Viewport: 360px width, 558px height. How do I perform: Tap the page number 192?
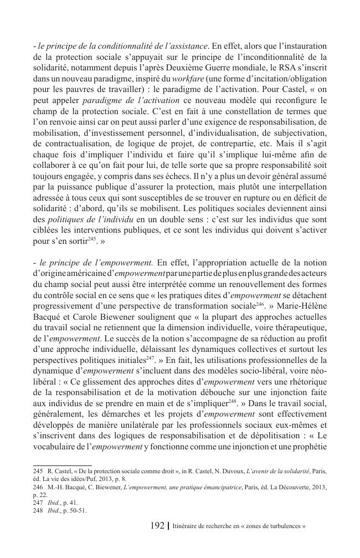tap(158, 524)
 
